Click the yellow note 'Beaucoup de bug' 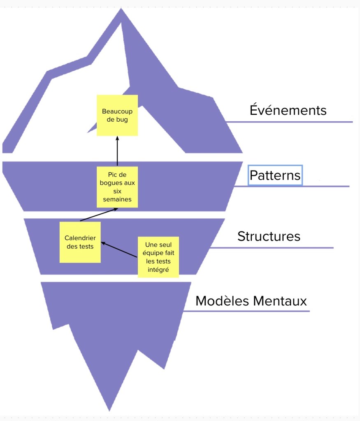click(117, 116)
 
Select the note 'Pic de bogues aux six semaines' click(117, 187)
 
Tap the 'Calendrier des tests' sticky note click(80, 242)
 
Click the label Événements click(288, 111)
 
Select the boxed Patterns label click(275, 176)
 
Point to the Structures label click(269, 236)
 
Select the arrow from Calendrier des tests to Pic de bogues click(99, 215)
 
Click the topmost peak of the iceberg click(121, 10)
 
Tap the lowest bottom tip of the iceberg click(109, 409)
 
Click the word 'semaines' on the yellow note click(117, 199)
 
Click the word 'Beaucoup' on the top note click(117, 111)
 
